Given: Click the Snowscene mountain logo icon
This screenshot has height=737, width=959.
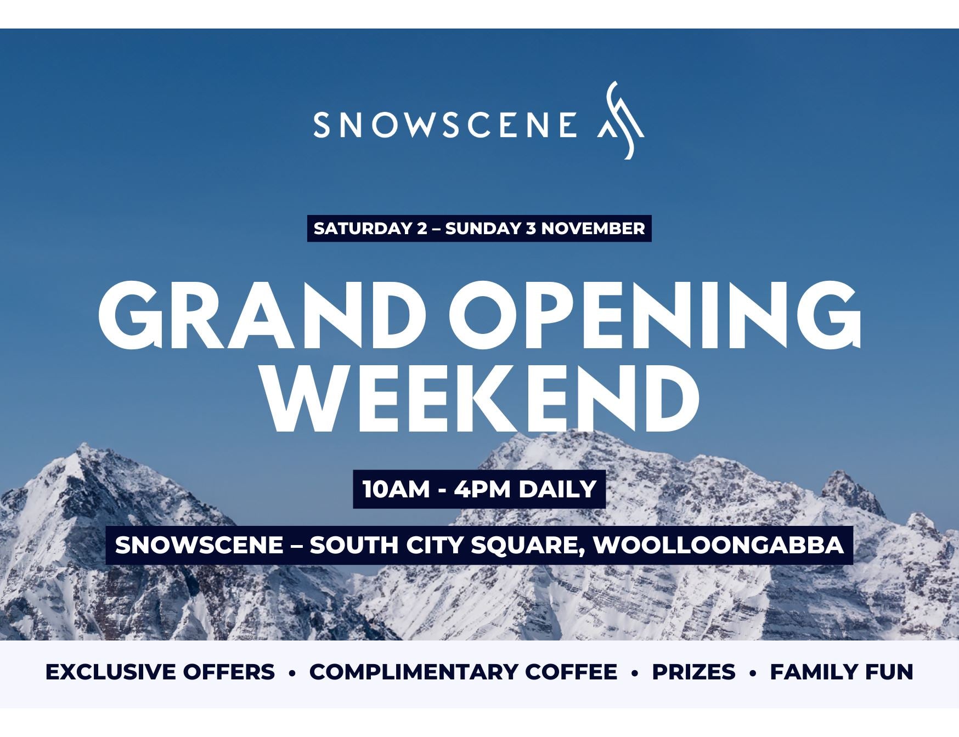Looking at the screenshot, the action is click(x=620, y=121).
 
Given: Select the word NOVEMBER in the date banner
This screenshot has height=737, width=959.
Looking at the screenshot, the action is click(x=593, y=228).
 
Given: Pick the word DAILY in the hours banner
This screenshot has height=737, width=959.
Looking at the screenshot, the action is click(x=557, y=489).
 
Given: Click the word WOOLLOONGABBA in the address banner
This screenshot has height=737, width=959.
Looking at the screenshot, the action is click(x=719, y=545).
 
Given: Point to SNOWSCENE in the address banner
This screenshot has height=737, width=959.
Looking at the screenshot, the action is click(x=200, y=545).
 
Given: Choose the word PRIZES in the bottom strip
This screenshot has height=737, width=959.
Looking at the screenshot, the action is click(x=693, y=672).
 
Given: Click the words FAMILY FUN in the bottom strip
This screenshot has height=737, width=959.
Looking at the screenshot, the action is click(x=842, y=672).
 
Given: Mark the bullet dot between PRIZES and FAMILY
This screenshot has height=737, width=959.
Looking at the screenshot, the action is click(x=753, y=673).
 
